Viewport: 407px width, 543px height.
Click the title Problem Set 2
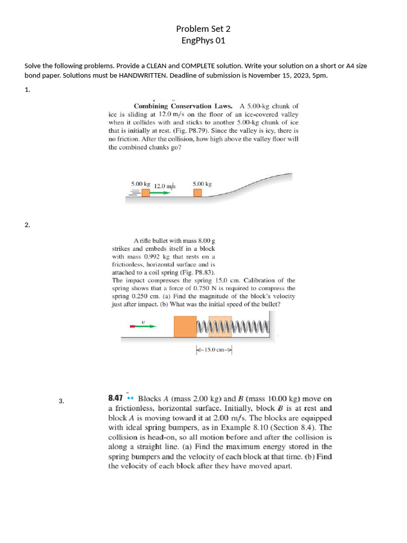pos(203,29)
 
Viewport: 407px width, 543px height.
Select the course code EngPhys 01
pos(203,40)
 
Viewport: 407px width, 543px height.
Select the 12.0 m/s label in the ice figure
pos(165,186)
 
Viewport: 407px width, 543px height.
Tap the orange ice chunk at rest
pos(198,192)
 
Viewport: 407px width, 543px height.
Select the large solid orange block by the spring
pos(185,326)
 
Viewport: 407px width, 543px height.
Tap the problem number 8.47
pos(116,398)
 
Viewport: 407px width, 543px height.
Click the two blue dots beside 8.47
pos(131,398)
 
